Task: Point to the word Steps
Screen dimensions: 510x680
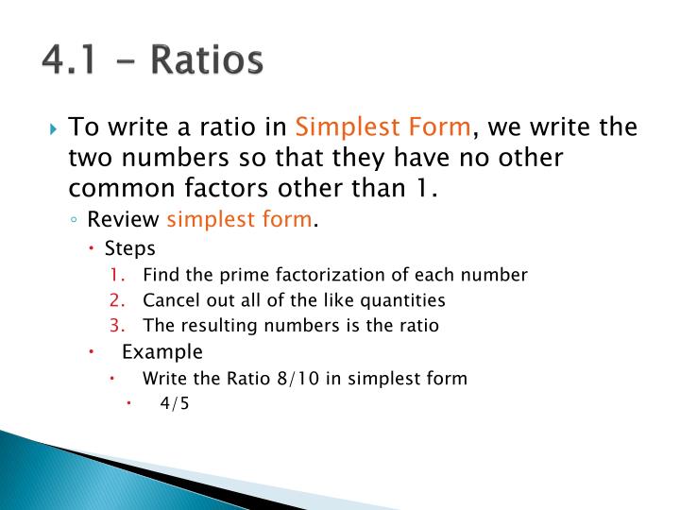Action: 129,249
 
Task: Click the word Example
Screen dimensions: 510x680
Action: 162,352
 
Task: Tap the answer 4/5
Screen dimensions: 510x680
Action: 176,404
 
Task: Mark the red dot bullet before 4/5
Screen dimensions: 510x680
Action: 129,404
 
